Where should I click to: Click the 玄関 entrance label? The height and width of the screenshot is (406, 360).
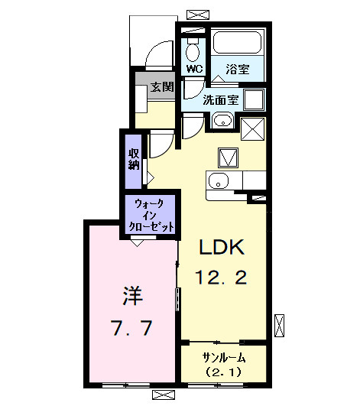(x=162, y=86)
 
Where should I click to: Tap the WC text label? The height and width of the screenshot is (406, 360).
(x=194, y=68)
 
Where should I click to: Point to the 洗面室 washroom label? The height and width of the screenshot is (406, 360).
(x=220, y=99)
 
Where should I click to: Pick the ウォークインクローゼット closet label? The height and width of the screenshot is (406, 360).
(x=153, y=216)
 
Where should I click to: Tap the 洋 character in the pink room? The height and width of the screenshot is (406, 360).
(x=131, y=295)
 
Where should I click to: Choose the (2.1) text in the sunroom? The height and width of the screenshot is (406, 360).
(x=223, y=373)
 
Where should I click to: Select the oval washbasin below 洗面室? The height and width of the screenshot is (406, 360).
(x=222, y=120)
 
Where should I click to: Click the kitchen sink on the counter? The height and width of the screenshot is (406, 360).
(x=218, y=181)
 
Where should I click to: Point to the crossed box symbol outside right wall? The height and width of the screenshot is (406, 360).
(x=280, y=323)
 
